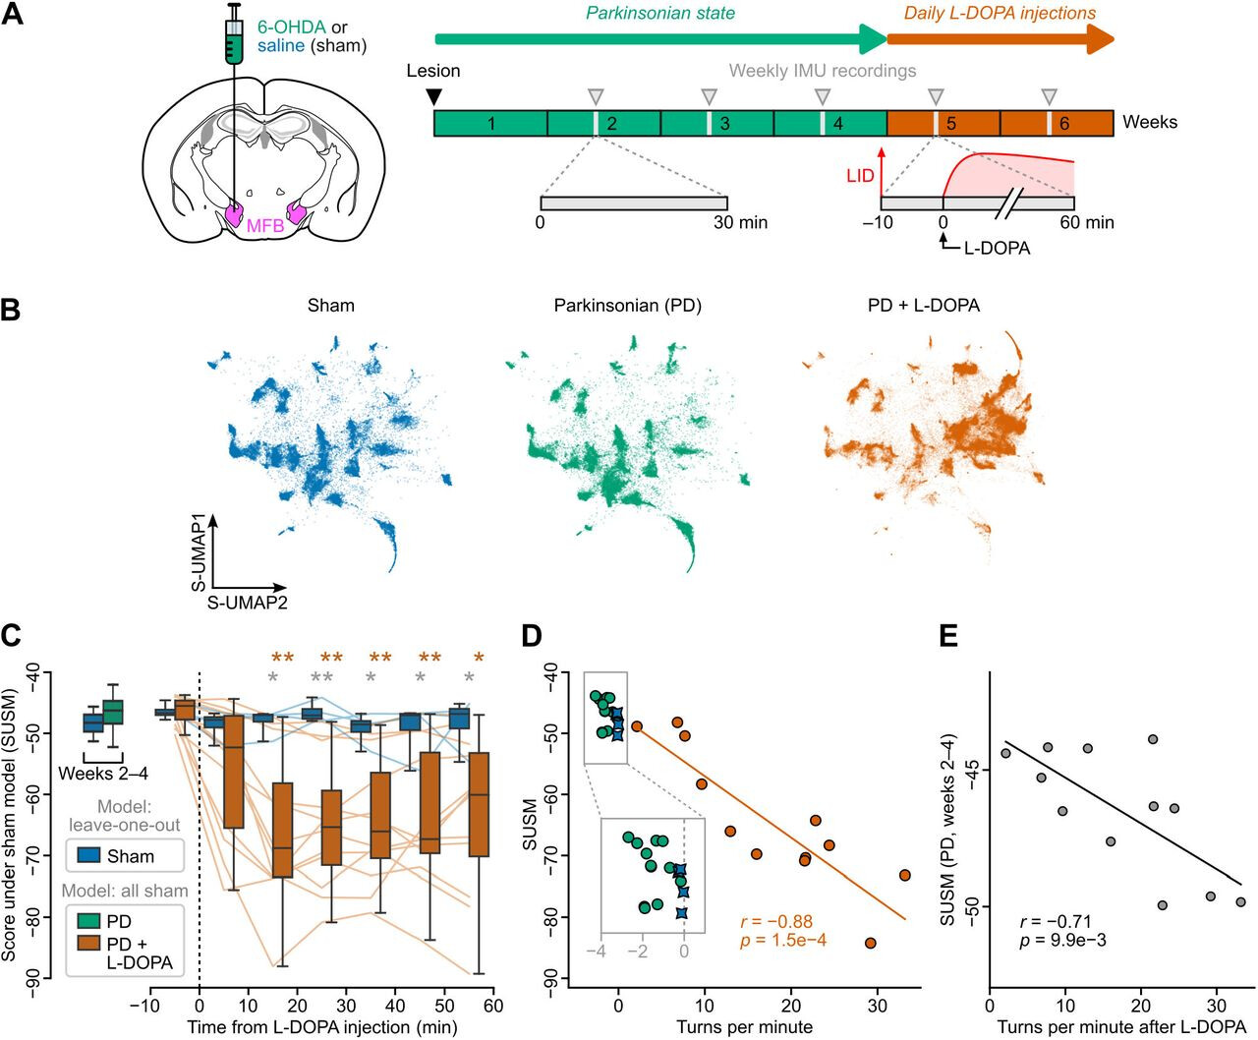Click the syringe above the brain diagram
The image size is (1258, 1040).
(x=233, y=36)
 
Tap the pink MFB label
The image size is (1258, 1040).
(x=265, y=226)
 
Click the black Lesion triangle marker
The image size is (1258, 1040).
(x=433, y=97)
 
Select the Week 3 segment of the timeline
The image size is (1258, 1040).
(x=717, y=123)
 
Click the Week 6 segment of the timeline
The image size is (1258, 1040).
(x=1057, y=123)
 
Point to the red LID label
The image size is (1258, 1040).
(x=860, y=176)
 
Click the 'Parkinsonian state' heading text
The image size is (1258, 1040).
(x=660, y=13)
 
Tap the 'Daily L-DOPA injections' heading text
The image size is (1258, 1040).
(x=1001, y=13)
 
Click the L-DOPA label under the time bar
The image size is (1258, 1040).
(x=998, y=248)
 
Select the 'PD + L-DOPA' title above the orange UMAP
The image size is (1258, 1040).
(x=924, y=306)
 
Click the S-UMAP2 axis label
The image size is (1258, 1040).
(x=247, y=602)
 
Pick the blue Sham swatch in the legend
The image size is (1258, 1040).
(x=88, y=855)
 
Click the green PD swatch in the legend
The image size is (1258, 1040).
(x=88, y=921)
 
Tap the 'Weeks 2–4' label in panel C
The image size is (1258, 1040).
(x=103, y=773)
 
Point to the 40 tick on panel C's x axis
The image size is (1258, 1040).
(x=395, y=1005)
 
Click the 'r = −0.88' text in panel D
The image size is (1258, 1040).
(x=776, y=921)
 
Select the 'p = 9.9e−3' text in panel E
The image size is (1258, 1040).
(x=1062, y=940)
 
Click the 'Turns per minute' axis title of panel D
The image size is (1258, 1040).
(x=745, y=1026)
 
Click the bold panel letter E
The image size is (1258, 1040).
(x=948, y=636)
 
